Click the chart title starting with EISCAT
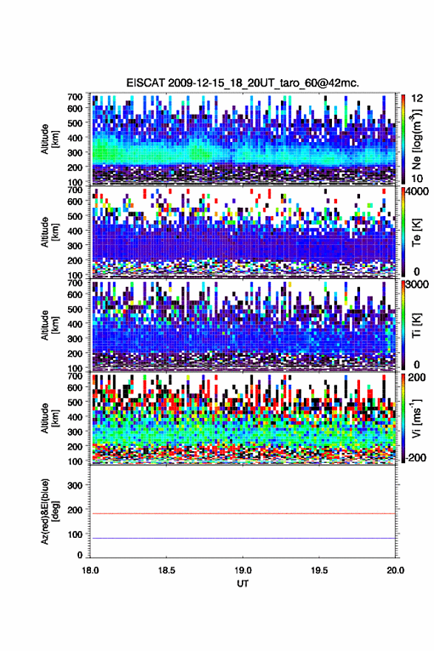coord(243,83)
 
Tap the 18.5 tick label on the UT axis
coord(166,570)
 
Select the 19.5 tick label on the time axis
coord(319,570)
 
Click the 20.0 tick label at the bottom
coord(395,570)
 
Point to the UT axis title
coord(243,584)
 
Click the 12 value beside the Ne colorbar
coord(417,98)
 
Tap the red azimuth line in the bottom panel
coord(243,513)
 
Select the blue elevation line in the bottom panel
coord(243,538)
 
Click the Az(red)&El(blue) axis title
coord(50,511)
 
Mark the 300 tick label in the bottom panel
coord(75,485)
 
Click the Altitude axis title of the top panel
coord(50,139)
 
